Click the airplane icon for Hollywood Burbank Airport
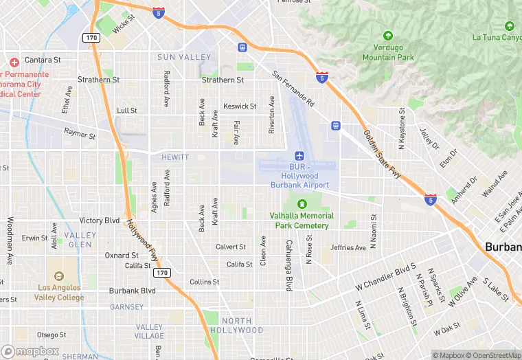coord(299,156)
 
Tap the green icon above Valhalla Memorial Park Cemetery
coord(302,203)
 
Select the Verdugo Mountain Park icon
coord(387,36)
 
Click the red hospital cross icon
coord(14,62)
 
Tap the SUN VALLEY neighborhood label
coord(184,57)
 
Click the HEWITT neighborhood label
coord(175,157)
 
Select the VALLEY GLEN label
coord(80,240)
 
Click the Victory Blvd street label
coord(100,221)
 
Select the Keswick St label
coord(240,106)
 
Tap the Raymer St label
coord(80,133)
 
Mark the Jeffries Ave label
coord(348,247)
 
